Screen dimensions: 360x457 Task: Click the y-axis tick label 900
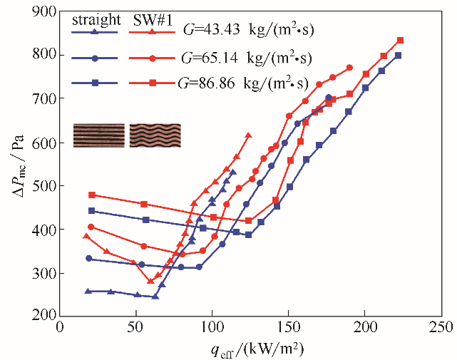point(45,11)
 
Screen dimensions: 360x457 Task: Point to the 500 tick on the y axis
point(45,185)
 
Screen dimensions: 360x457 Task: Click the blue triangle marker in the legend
point(95,31)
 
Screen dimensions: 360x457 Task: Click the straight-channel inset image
point(99,135)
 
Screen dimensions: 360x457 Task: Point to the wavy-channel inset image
point(155,135)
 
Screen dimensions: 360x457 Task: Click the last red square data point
point(400,41)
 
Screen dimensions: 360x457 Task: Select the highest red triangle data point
point(248,135)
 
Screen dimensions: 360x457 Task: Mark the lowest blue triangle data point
point(155,296)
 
